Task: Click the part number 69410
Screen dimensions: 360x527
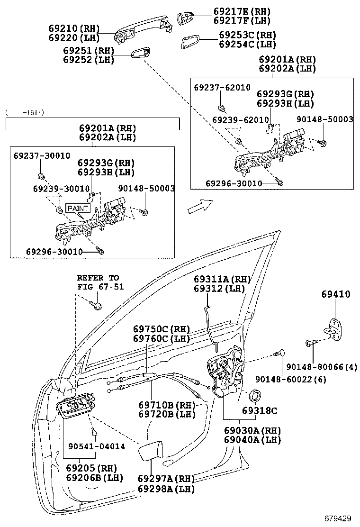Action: coord(335,294)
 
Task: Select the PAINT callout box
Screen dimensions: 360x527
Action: coord(78,209)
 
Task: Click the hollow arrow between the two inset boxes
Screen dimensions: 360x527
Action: coord(200,206)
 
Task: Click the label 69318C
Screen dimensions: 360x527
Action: coord(260,411)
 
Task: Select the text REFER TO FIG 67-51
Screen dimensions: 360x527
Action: coord(100,282)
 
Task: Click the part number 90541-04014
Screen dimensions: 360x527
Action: coord(97,446)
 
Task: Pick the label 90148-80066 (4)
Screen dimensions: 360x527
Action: coord(322,367)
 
